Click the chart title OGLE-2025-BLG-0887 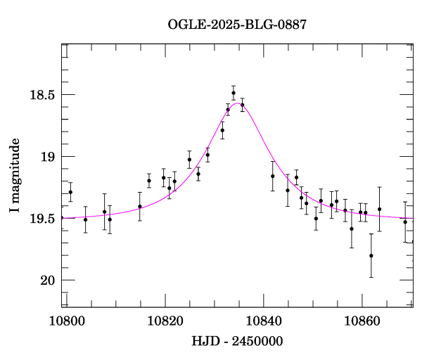(237, 25)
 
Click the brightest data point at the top (234, 92)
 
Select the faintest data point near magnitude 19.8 (371, 256)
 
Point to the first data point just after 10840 (273, 176)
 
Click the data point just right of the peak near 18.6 (242, 105)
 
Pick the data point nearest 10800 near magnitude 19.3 (70, 192)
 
